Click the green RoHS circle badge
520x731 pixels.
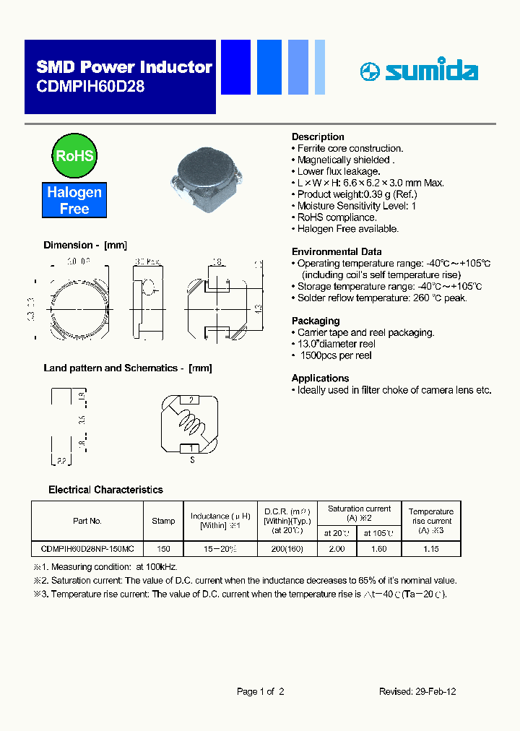74,155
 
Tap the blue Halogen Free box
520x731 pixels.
74,200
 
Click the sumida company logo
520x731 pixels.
419,71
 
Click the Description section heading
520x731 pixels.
318,137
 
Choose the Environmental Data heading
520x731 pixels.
336,251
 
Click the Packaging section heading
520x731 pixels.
315,321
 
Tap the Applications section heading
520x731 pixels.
320,378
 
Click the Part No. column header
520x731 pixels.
87,521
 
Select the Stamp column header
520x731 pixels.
163,521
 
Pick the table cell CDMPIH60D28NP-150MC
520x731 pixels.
87,549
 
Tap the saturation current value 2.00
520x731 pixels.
337,549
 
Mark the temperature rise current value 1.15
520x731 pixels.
430,549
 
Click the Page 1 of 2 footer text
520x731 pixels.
260,691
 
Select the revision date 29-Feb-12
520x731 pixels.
436,691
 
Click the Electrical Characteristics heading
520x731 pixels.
105,490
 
